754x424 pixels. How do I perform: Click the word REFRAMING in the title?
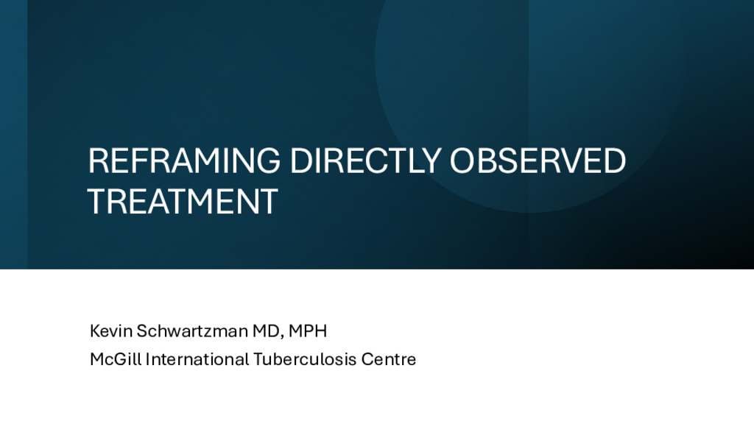coord(184,160)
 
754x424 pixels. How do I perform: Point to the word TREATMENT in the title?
coord(183,201)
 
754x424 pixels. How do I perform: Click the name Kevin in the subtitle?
coord(111,331)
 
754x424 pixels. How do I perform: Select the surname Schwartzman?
coord(192,331)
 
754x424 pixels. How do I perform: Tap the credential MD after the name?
coord(267,331)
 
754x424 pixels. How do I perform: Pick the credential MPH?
coord(308,331)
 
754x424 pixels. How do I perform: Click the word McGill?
coord(116,359)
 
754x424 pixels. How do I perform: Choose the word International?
coord(197,359)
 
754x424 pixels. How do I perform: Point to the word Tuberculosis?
coord(305,359)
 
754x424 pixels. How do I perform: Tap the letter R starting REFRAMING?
coord(98,160)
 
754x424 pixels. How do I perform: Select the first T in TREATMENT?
coord(97,201)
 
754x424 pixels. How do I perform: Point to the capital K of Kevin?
coord(95,331)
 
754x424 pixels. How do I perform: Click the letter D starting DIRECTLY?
coord(300,160)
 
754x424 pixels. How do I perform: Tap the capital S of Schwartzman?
coord(142,331)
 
